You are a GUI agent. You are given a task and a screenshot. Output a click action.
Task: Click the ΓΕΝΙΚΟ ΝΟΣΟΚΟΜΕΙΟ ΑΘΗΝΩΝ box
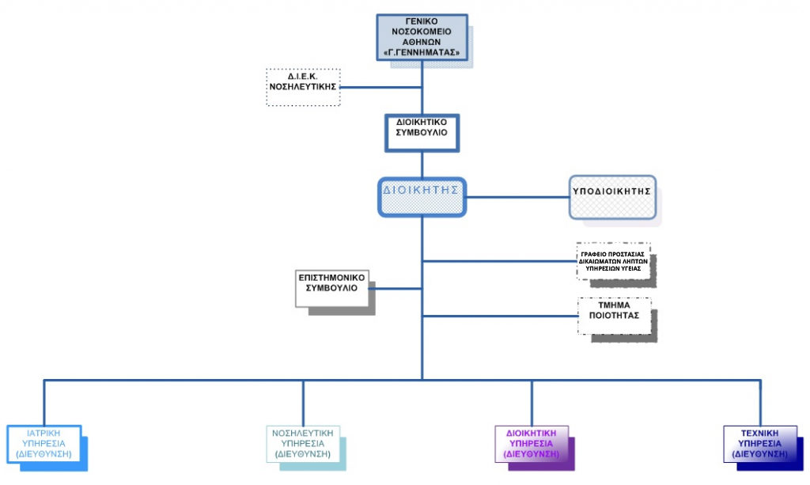(422, 37)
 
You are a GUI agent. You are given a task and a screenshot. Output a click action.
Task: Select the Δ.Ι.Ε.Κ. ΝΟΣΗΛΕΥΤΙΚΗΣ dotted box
(303, 87)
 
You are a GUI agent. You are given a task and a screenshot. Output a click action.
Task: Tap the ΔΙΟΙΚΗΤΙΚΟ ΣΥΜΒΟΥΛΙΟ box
(422, 132)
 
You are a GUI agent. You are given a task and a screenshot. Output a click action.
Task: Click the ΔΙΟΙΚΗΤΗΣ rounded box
(422, 196)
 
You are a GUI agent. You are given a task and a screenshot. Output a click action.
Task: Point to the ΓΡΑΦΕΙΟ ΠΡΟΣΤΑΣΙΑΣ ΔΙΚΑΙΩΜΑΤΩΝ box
(614, 261)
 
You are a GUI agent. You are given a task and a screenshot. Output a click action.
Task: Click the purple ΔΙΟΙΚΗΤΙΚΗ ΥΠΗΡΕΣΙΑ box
(531, 444)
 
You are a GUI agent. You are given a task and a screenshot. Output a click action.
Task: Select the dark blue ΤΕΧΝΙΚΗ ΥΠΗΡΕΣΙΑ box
(759, 444)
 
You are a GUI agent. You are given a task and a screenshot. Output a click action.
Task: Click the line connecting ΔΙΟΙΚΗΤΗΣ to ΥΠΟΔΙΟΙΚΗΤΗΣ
(518, 196)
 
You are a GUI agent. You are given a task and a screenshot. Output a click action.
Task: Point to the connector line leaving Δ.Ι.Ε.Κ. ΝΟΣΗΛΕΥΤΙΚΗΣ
(380, 87)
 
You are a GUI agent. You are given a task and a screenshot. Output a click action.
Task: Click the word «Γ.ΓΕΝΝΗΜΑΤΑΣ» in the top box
(422, 53)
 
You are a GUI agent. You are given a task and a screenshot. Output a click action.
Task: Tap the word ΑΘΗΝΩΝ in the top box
(422, 43)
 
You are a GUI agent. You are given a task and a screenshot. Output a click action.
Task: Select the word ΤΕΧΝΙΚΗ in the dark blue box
(759, 433)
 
